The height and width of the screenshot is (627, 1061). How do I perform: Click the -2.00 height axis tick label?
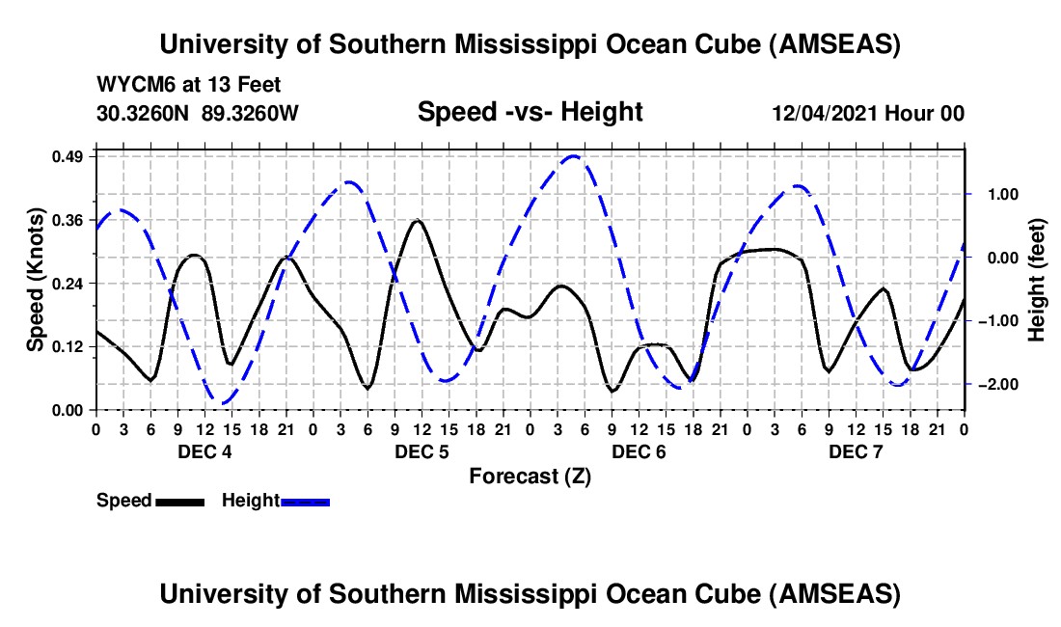(x=990, y=385)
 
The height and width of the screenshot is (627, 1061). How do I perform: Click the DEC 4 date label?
(x=204, y=451)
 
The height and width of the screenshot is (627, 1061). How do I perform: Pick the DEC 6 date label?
(x=639, y=451)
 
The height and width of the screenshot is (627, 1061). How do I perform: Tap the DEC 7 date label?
(x=856, y=451)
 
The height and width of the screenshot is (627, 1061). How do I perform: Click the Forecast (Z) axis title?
(x=530, y=476)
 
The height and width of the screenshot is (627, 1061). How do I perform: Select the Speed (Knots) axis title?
(x=36, y=280)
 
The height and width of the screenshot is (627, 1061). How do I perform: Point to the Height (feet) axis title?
(x=1037, y=280)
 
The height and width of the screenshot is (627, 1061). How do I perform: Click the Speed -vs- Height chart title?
(x=530, y=113)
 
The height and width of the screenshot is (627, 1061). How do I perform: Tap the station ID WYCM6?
(x=129, y=85)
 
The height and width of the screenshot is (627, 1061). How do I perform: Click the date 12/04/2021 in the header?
(x=827, y=114)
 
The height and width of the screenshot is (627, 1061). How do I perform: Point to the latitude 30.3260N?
(x=145, y=113)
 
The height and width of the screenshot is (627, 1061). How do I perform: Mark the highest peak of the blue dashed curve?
(x=574, y=155)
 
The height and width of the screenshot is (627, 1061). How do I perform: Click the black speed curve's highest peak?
(x=417, y=221)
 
